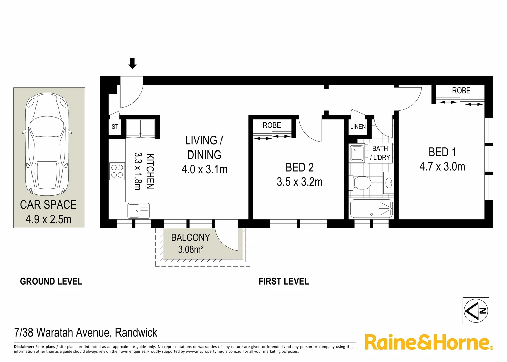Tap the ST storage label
point(115,127)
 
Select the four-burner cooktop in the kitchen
point(117,171)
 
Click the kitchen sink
point(138,211)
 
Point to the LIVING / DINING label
point(204,147)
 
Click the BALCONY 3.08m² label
point(190,243)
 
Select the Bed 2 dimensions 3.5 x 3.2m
point(300,182)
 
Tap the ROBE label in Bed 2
point(272,125)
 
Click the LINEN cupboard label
point(358,126)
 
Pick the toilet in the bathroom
point(360,183)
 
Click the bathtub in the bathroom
point(371,209)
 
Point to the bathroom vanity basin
point(389,183)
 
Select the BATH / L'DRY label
point(380,153)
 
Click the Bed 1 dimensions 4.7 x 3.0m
point(442,167)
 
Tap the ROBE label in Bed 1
point(461,90)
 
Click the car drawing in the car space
point(47,144)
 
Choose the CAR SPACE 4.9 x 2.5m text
point(49,212)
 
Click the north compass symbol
point(476,311)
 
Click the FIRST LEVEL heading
point(283,281)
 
